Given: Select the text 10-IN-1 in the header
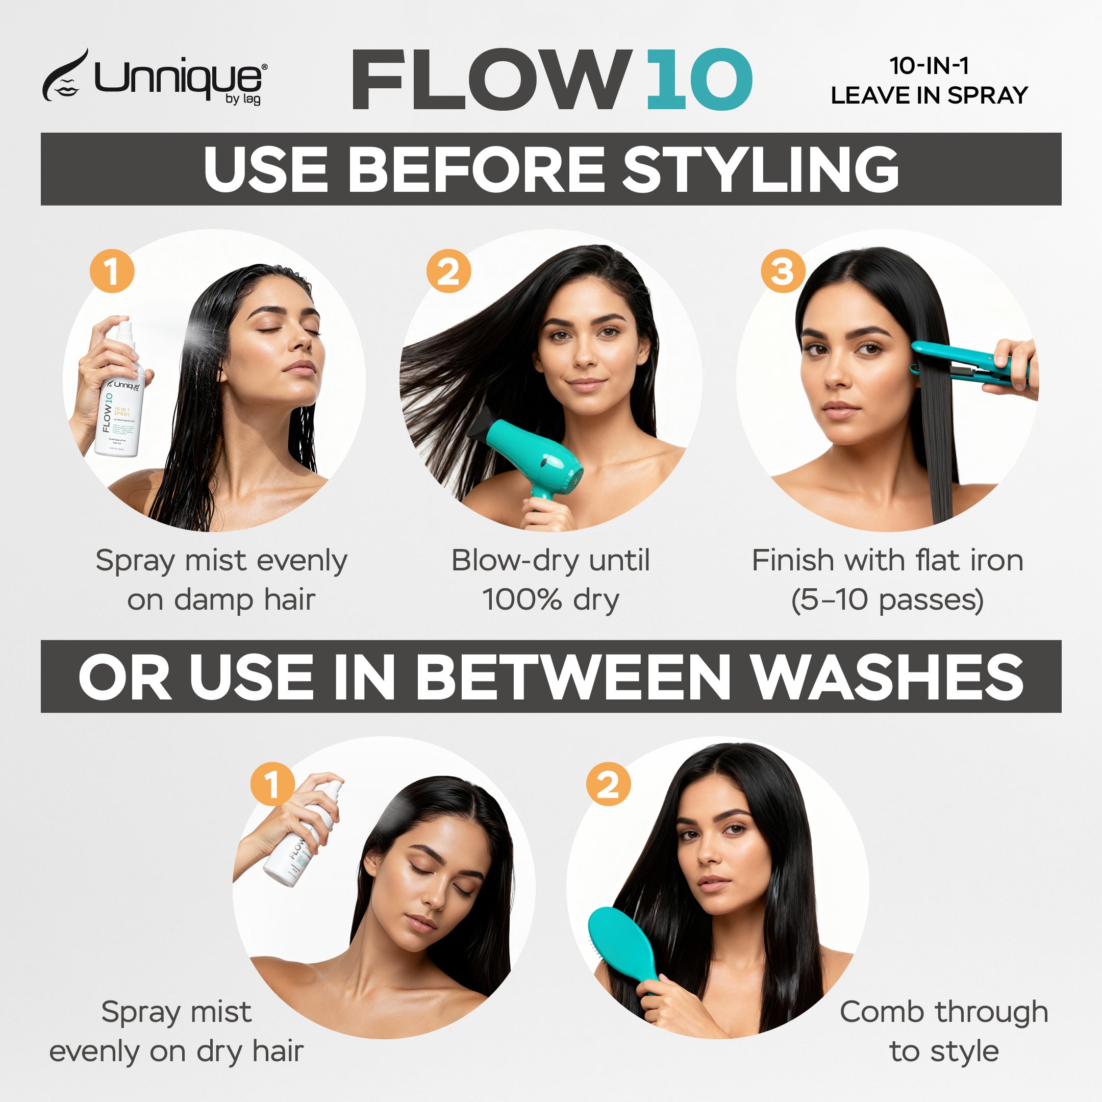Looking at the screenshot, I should coord(929,66).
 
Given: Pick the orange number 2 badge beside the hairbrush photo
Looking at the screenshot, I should coord(608,784).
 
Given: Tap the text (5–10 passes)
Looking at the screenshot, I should coord(887,600).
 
